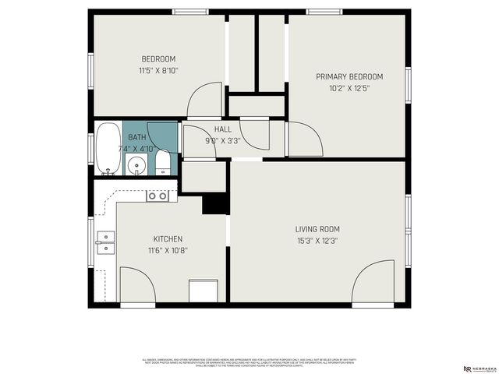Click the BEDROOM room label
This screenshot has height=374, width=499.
(158, 59)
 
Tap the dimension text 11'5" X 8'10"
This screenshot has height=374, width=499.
(158, 70)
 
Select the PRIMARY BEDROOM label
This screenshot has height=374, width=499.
(349, 76)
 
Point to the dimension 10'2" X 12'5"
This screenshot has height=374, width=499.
(349, 88)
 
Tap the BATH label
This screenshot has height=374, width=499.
(136, 137)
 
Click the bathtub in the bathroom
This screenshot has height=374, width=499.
(106, 148)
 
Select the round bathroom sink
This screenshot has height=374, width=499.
(137, 165)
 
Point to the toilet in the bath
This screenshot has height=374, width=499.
(162, 163)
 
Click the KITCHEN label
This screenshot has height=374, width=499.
(168, 239)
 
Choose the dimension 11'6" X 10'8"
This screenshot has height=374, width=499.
(168, 250)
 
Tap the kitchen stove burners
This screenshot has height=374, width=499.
(157, 196)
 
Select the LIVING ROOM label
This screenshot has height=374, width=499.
(317, 229)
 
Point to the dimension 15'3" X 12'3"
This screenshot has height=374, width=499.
(317, 240)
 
